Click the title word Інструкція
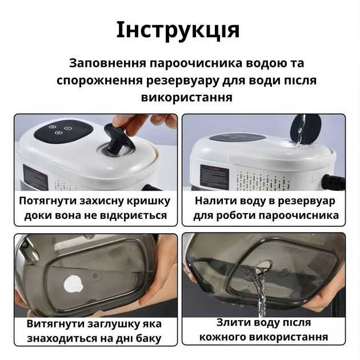click(178, 30)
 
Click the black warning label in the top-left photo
click(35, 177)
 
